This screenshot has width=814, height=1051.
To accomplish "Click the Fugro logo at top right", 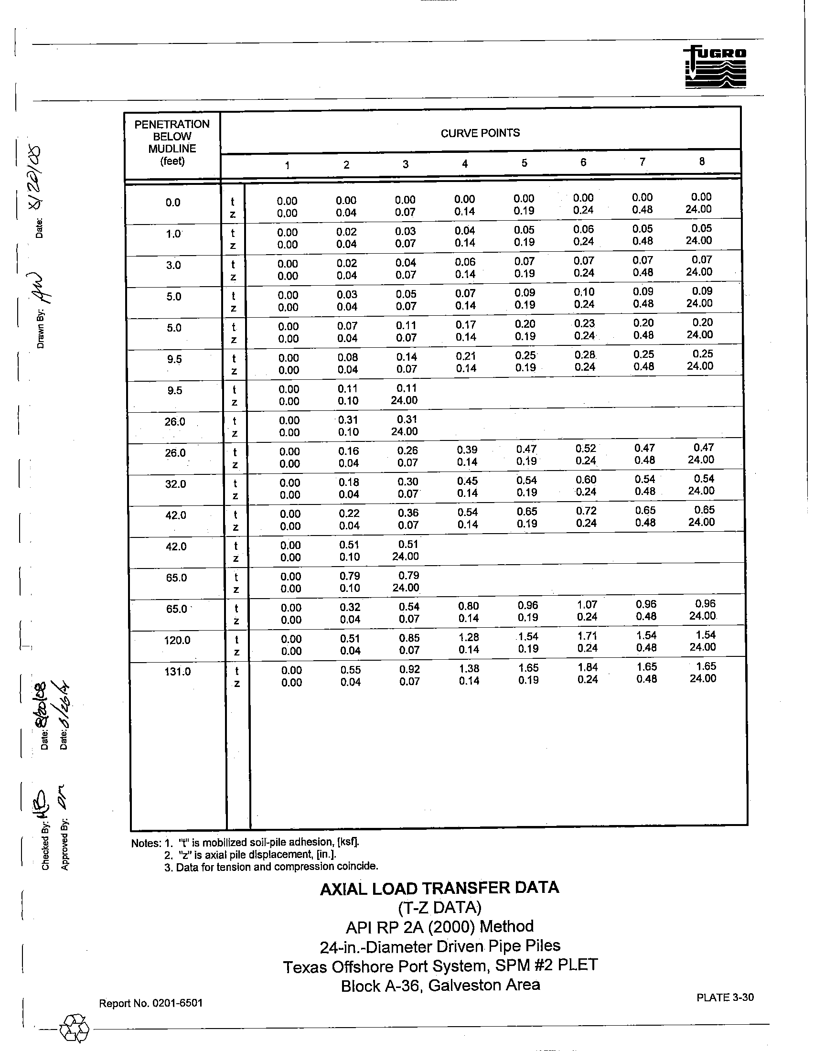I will click(x=715, y=67).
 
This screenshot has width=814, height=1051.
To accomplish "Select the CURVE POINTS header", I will click(x=480, y=133).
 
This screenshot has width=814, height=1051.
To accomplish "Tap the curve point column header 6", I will click(x=583, y=162).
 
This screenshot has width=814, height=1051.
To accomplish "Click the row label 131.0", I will click(x=178, y=671).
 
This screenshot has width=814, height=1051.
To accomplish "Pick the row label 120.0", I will click(x=177, y=640).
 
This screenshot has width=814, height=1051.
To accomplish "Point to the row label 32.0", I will click(x=176, y=483).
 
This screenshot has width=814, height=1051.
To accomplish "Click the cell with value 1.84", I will click(x=588, y=667).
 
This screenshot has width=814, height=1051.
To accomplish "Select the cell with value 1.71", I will click(x=588, y=636).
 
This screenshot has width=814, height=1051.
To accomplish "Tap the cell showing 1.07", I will click(x=587, y=605).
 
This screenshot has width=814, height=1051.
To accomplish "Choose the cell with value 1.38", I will click(x=469, y=668).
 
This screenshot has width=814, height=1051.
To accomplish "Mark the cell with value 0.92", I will click(x=409, y=669).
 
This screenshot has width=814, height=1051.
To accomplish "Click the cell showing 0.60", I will click(x=586, y=480).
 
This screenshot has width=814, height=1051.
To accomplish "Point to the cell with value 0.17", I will click(x=466, y=325).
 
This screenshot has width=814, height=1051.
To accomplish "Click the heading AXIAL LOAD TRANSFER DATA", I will click(x=439, y=888).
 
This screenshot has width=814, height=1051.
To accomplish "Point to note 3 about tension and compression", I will click(x=271, y=867).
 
